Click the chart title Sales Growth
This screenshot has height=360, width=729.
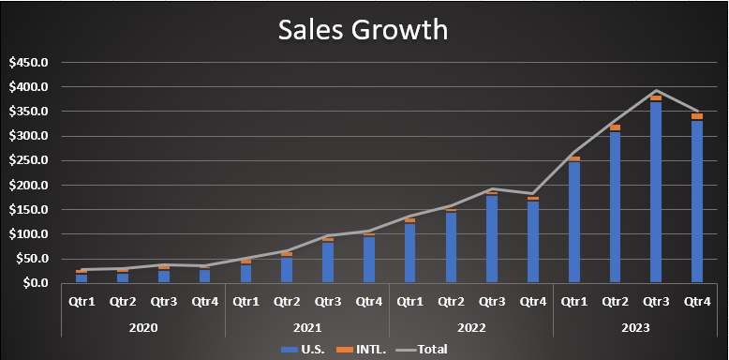(x=363, y=30)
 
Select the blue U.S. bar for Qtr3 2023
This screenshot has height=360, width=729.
(x=656, y=191)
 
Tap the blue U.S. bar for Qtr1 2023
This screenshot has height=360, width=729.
(x=573, y=222)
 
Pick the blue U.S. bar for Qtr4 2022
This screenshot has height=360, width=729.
(x=533, y=241)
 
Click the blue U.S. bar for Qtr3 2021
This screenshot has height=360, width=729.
(x=328, y=262)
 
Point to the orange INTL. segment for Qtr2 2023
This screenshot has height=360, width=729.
(x=615, y=127)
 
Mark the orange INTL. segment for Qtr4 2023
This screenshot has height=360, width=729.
(x=696, y=117)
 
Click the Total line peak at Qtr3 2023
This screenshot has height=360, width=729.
(x=656, y=90)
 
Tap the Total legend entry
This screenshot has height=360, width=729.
(x=421, y=349)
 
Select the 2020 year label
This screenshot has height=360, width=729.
(x=143, y=327)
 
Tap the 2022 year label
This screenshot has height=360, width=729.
(x=471, y=327)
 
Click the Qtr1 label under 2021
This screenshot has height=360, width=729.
(x=245, y=302)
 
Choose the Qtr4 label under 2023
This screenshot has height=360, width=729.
(x=697, y=302)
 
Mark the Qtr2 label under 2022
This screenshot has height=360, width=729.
(x=451, y=302)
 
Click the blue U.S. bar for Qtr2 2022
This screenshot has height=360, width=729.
(x=451, y=247)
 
